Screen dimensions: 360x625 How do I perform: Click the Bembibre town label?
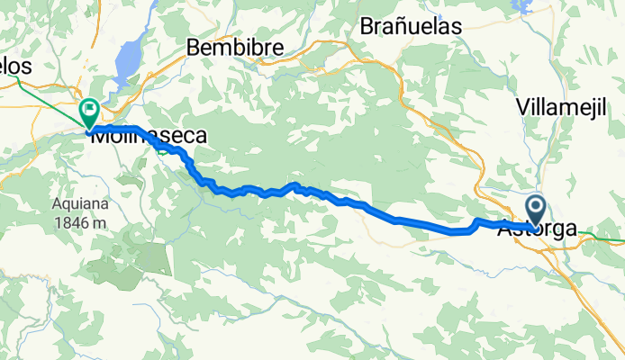coord(235,47)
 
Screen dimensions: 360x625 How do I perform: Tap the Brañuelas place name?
coord(410,26)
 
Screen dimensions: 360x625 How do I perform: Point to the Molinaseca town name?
coord(149,136)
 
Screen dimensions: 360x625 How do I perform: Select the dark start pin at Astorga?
coord(536,211)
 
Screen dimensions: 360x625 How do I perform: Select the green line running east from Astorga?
coord(603,239)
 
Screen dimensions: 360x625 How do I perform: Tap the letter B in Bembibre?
coord(194,47)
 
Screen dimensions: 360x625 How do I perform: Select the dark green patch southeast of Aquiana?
coord(144,261)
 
